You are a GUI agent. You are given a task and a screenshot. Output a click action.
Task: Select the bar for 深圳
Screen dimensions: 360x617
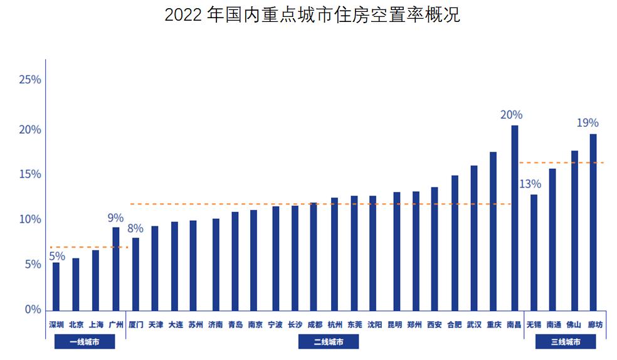pyautogui.click(x=56, y=286)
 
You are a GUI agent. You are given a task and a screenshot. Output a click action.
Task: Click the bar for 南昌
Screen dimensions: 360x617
pyautogui.click(x=514, y=218)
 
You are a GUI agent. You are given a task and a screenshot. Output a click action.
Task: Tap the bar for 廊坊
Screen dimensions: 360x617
pyautogui.click(x=593, y=222)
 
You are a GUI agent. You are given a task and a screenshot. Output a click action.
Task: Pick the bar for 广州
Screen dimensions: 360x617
pyautogui.click(x=115, y=268)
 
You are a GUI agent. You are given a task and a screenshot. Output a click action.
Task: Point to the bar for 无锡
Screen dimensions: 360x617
pyautogui.click(x=534, y=252)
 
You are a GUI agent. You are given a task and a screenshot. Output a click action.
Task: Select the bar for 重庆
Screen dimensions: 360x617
pyautogui.click(x=493, y=231)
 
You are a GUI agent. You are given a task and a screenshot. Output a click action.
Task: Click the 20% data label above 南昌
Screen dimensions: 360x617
pyautogui.click(x=511, y=115)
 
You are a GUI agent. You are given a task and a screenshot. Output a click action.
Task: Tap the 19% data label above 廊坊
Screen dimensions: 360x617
pyautogui.click(x=588, y=123)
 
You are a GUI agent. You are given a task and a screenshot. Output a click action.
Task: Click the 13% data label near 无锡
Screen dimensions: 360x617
pyautogui.click(x=530, y=184)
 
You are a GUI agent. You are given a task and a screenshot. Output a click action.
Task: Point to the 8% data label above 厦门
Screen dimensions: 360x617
pyautogui.click(x=135, y=228)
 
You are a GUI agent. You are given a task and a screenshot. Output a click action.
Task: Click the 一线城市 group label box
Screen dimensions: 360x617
pyautogui.click(x=85, y=342)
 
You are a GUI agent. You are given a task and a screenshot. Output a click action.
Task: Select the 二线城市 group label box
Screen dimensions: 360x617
pyautogui.click(x=328, y=342)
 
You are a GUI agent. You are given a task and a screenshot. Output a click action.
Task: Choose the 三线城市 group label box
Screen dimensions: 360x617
pyautogui.click(x=565, y=342)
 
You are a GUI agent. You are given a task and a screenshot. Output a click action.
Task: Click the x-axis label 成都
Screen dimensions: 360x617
pyautogui.click(x=315, y=325)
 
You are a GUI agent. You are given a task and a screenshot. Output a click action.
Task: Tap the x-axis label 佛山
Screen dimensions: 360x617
pyautogui.click(x=574, y=325)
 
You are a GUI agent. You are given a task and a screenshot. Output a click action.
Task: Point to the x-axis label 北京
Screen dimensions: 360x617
pyautogui.click(x=76, y=325)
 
